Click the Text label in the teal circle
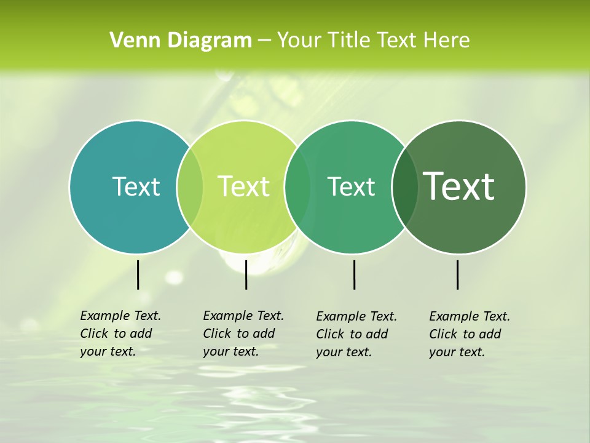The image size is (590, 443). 136,186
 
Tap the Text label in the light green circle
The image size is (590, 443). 244,186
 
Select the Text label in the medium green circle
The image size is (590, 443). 351,186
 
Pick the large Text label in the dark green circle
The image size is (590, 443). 459,186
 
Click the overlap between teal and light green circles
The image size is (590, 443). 190,186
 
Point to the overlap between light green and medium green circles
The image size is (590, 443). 297,186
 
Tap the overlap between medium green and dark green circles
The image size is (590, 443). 405,186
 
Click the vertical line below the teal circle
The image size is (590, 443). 138,274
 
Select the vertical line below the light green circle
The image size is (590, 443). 246,274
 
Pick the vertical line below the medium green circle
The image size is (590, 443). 354,274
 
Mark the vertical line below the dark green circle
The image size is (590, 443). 458,274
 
